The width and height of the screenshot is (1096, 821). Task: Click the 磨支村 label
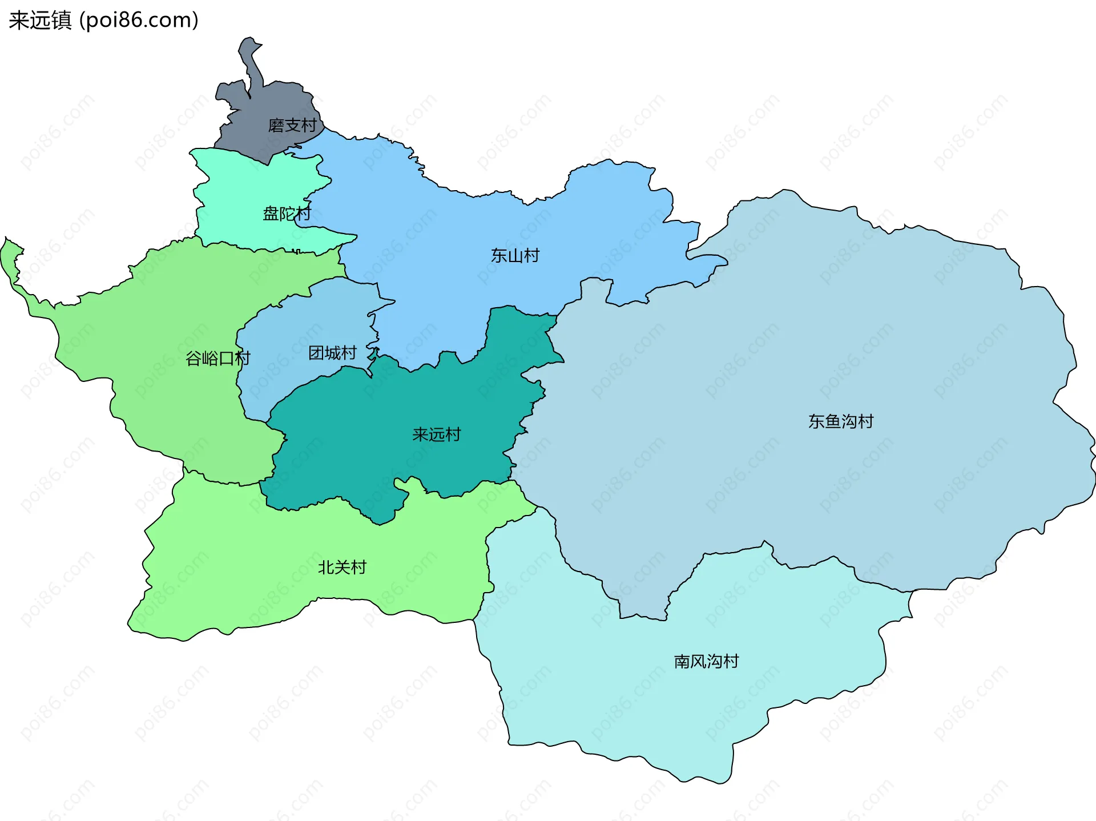(292, 126)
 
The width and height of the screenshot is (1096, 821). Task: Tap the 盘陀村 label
(287, 214)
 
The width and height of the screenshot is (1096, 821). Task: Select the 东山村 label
(515, 256)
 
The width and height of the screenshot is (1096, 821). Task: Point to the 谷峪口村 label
(217, 359)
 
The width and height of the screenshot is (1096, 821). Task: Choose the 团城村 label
(332, 353)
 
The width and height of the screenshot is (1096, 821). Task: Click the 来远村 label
(436, 435)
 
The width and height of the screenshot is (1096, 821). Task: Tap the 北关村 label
(342, 568)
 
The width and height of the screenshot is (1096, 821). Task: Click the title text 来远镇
(40, 21)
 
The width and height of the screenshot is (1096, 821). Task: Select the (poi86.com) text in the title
(139, 21)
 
